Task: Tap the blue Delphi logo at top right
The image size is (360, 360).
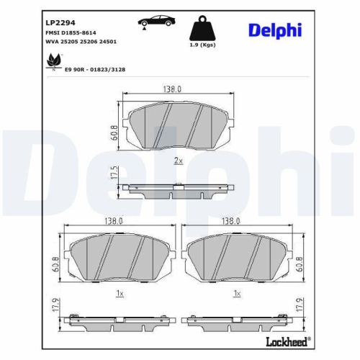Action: pyautogui.click(x=276, y=30)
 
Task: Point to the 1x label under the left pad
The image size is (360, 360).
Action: pyautogui.click(x=119, y=294)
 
